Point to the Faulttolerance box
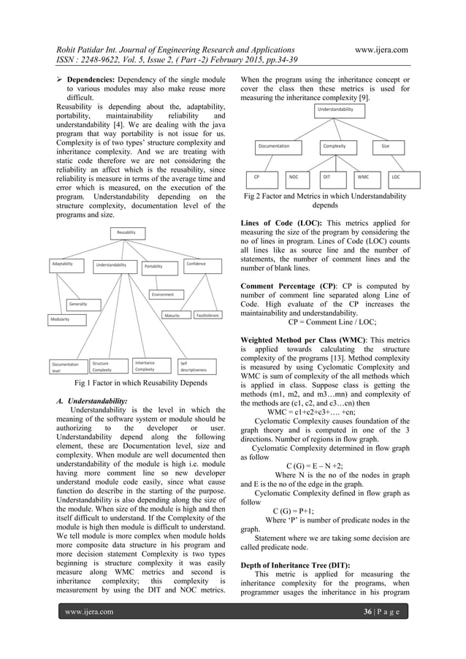[207, 316]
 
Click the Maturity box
[173, 316]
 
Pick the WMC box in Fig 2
[363, 177]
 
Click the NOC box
[294, 177]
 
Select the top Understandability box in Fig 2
[340, 110]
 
